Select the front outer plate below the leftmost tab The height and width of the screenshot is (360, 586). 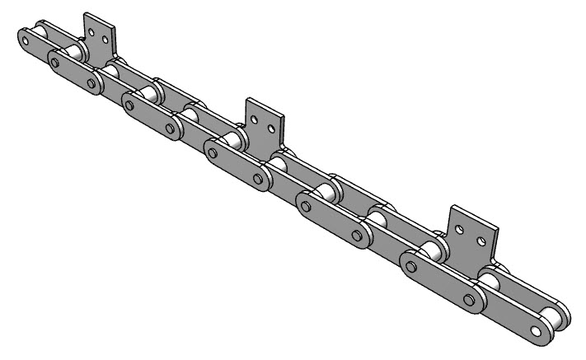pyautogui.click(x=75, y=71)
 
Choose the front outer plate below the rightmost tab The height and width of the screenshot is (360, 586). pyautogui.click(x=441, y=279)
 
